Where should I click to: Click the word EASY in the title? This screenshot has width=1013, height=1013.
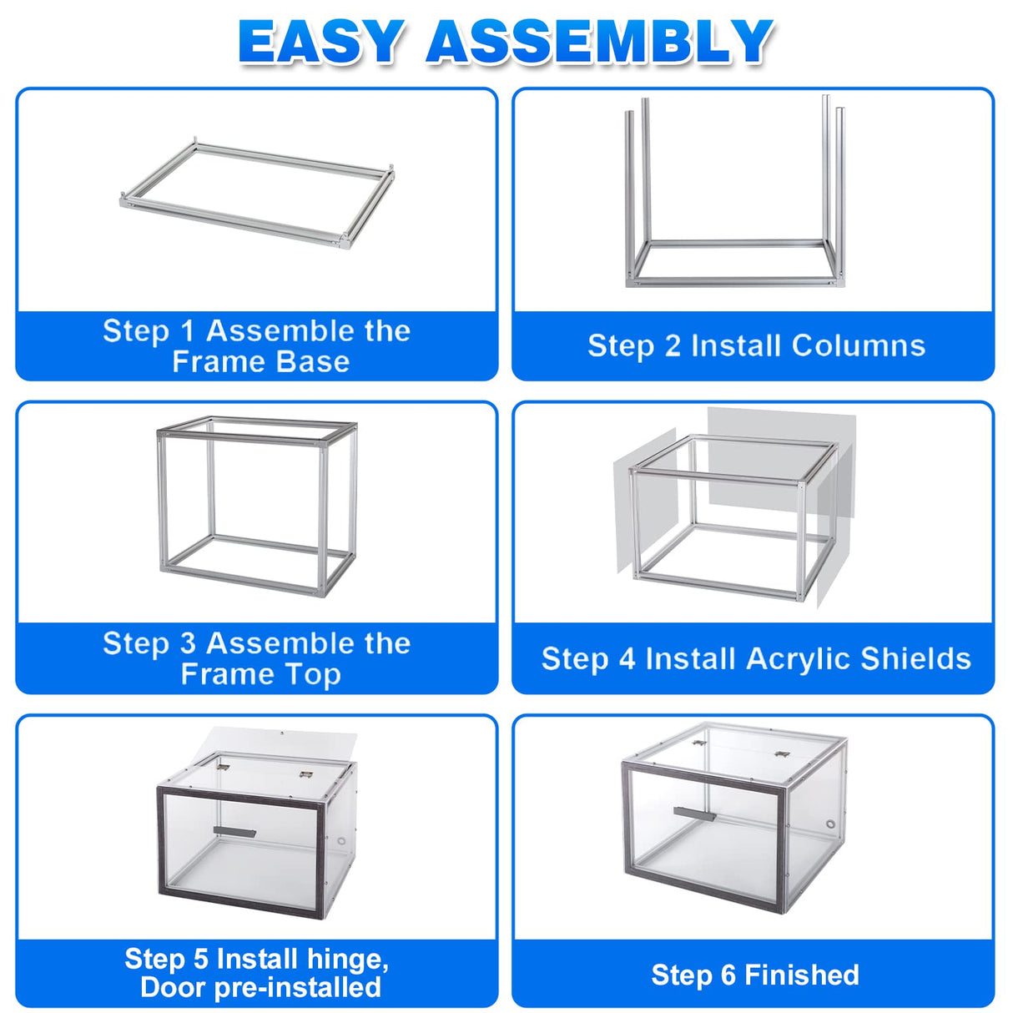tap(321, 42)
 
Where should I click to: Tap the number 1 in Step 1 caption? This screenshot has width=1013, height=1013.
tap(188, 331)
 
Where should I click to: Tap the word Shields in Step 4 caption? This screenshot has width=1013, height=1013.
tap(916, 659)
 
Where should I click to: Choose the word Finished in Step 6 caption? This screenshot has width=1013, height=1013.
tap(801, 975)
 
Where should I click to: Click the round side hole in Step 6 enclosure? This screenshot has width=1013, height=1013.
tap(830, 824)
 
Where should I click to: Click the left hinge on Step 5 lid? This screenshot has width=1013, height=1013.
tap(224, 762)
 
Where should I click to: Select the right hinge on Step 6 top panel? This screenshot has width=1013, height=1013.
tap(782, 754)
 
